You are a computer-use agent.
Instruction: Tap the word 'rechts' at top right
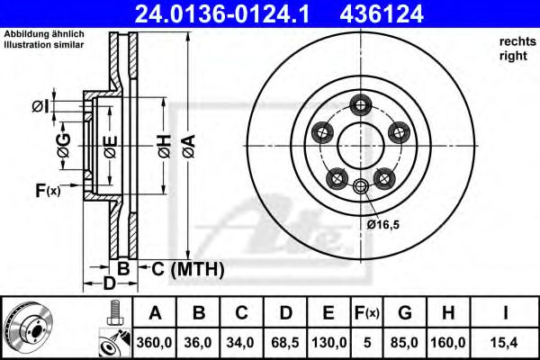click(x=512, y=42)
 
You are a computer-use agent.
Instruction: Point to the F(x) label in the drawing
click(x=47, y=190)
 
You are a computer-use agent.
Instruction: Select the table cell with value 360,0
click(x=155, y=342)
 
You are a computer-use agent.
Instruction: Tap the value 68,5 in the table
click(x=285, y=342)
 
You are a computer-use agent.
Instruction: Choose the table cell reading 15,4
click(x=505, y=342)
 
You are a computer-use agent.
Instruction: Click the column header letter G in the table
click(x=405, y=313)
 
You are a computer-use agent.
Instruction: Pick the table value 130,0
click(x=329, y=342)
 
